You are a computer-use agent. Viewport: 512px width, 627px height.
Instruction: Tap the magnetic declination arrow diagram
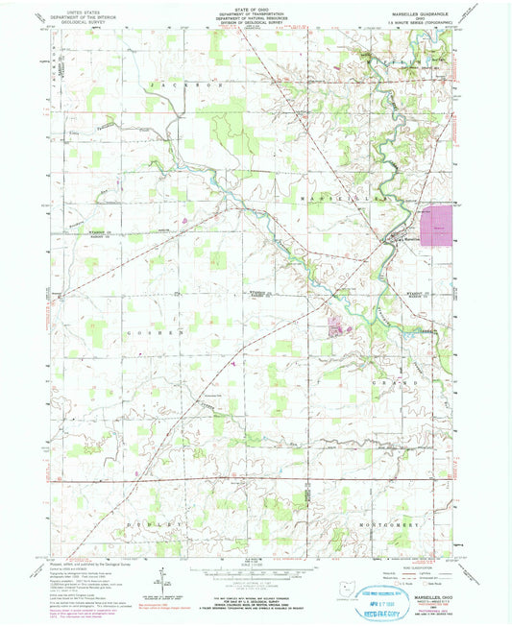(x=164, y=576)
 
